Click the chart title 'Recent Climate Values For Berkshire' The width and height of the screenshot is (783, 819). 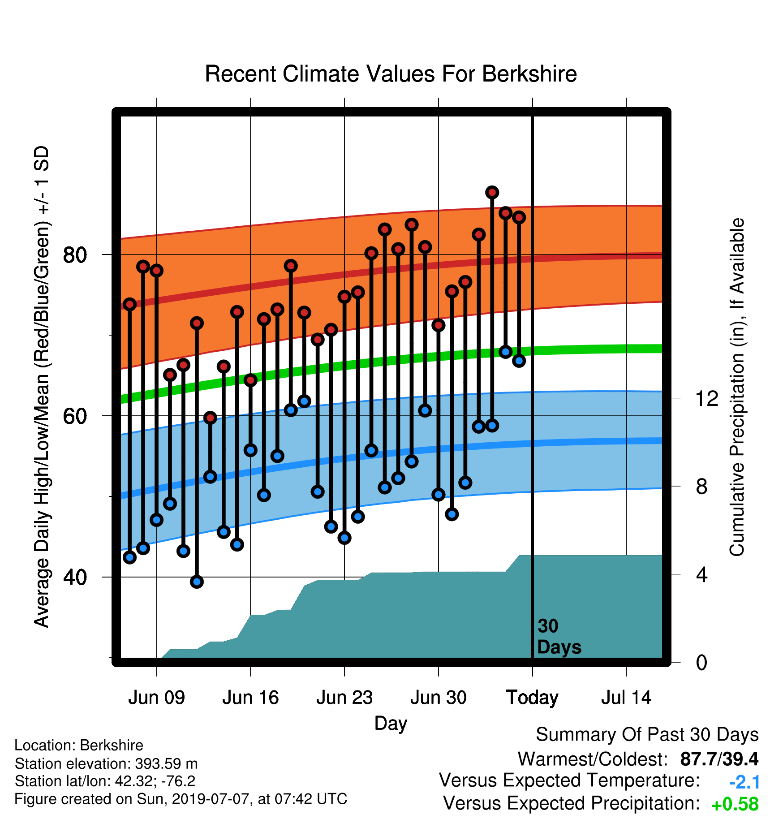[x=391, y=74]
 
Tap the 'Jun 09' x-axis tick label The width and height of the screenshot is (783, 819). [x=156, y=698]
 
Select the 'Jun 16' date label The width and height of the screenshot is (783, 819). [x=250, y=698]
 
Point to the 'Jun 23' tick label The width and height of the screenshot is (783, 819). [x=344, y=698]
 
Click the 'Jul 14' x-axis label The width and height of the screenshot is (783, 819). [x=626, y=698]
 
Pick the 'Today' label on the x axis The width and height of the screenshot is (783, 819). [x=532, y=698]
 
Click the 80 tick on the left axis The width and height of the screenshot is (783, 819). [x=75, y=255]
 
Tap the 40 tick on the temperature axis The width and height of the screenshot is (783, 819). [x=75, y=577]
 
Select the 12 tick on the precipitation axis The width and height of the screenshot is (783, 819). [x=707, y=398]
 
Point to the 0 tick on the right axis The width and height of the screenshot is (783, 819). [x=701, y=662]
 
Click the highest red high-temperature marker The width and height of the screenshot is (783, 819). [x=492, y=192]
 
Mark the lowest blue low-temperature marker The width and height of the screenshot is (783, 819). [x=197, y=582]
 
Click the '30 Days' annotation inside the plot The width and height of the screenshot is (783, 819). [x=559, y=637]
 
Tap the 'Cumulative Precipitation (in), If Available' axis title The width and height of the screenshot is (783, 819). [x=737, y=387]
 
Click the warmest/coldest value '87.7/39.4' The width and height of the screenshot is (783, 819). [x=719, y=759]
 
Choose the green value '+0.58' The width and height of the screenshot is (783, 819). [x=735, y=804]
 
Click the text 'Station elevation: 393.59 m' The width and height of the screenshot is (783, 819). [x=106, y=763]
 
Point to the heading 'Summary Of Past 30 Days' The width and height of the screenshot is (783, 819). [x=647, y=735]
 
